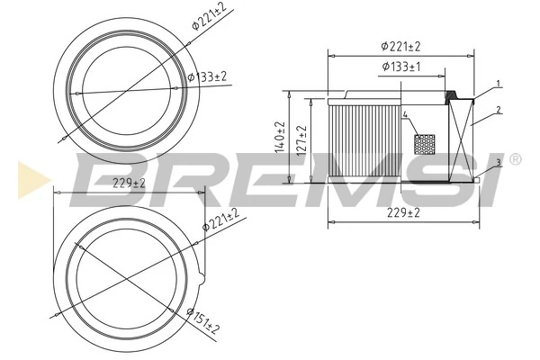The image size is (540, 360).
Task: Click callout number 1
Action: pyautogui.click(x=498, y=85)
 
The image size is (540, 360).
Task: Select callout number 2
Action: pyautogui.click(x=498, y=112)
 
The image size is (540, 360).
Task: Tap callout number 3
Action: pyautogui.click(x=498, y=163)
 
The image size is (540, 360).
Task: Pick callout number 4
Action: pyautogui.click(x=406, y=115)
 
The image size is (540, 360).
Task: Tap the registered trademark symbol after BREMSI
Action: pyautogui.click(x=515, y=159)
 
